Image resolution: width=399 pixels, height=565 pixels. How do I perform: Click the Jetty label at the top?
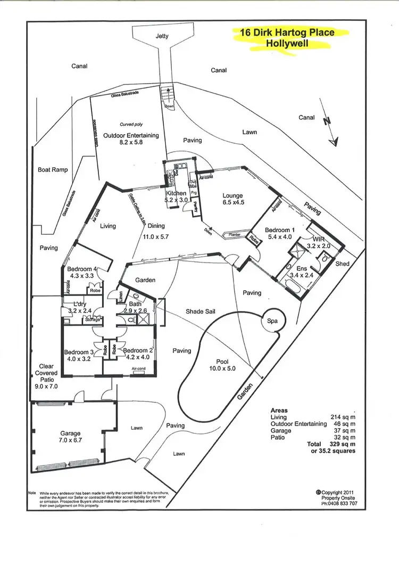pyautogui.click(x=162, y=37)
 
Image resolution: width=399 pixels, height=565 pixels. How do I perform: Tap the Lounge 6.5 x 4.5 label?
pyautogui.click(x=232, y=199)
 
